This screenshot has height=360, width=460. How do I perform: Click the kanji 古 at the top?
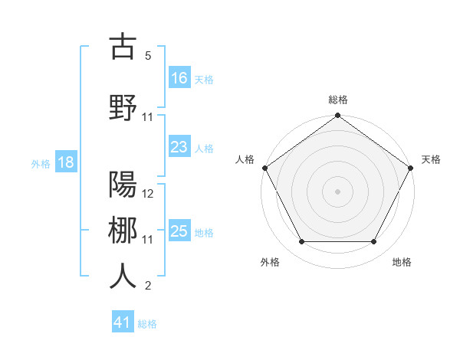123,47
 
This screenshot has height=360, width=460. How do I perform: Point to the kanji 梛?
123,230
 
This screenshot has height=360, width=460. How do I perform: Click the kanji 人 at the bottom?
123,276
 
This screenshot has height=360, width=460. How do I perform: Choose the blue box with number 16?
179,77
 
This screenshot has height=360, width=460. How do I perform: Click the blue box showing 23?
179,147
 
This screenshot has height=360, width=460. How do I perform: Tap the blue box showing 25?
179,231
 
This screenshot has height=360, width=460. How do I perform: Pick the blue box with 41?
123,322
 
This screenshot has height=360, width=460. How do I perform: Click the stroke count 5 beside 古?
148,57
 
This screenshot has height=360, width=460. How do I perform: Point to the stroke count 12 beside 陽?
148,194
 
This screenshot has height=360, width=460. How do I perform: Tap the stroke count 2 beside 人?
148,286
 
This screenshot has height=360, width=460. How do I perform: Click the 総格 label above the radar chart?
338,100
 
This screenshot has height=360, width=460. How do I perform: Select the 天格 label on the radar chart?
431,159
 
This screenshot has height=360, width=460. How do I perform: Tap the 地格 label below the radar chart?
402,262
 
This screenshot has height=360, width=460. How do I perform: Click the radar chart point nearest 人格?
264,167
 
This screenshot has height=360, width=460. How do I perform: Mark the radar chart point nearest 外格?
301,242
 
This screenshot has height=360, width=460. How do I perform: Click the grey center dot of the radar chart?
337,191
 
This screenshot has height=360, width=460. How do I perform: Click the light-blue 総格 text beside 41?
148,324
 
